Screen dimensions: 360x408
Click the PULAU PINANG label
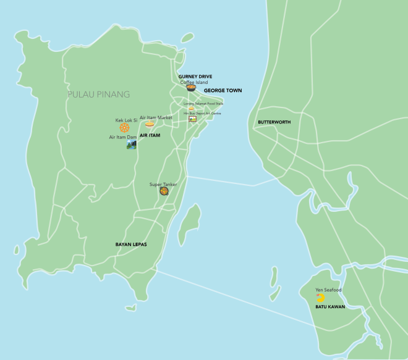point(99,94)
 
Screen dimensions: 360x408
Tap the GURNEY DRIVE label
point(195,77)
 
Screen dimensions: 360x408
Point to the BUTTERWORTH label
point(274,122)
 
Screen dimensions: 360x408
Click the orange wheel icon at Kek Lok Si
point(125,128)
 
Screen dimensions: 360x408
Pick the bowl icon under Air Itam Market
point(150,124)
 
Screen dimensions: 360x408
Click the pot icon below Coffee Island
point(191,88)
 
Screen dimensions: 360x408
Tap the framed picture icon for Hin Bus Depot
point(192,118)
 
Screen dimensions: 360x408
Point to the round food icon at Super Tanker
point(164,191)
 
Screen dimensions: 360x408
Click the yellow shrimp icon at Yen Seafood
point(320,298)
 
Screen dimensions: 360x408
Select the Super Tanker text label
point(163,184)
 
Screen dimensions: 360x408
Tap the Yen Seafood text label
point(328,290)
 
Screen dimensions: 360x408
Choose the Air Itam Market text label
point(156,117)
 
